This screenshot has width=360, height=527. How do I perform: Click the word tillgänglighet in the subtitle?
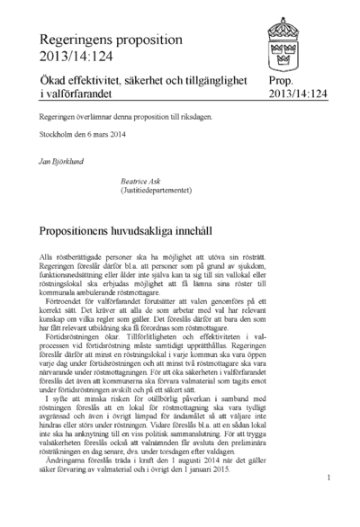pos(208,81)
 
